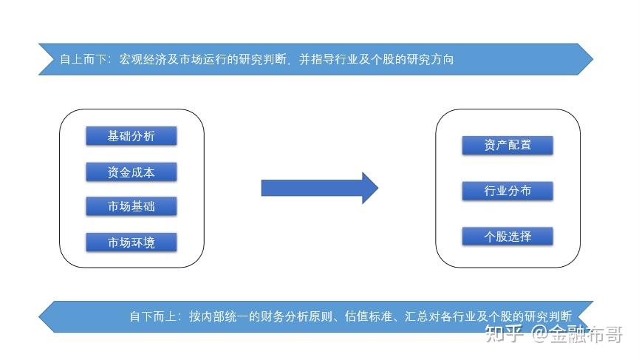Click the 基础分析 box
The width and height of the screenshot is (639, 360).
[x=131, y=136]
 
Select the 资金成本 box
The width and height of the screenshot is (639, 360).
[x=131, y=172]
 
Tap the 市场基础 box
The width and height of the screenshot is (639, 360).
[x=131, y=206]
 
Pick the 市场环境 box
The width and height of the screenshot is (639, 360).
[x=131, y=242]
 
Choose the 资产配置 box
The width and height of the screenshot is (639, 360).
[x=508, y=145]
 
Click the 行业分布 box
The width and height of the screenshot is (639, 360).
[x=508, y=191]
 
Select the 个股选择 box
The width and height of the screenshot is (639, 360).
[x=508, y=237]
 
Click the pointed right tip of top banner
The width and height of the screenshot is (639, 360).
[x=591, y=59]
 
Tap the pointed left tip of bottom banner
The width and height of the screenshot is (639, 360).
[x=41, y=316]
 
